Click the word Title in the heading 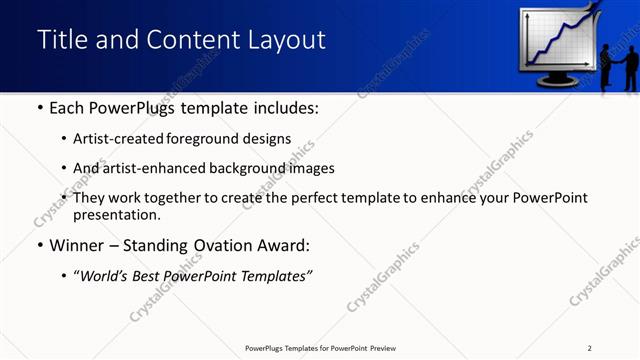[x=62, y=40]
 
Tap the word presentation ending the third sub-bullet [x=114, y=215]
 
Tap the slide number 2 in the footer [x=590, y=348]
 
